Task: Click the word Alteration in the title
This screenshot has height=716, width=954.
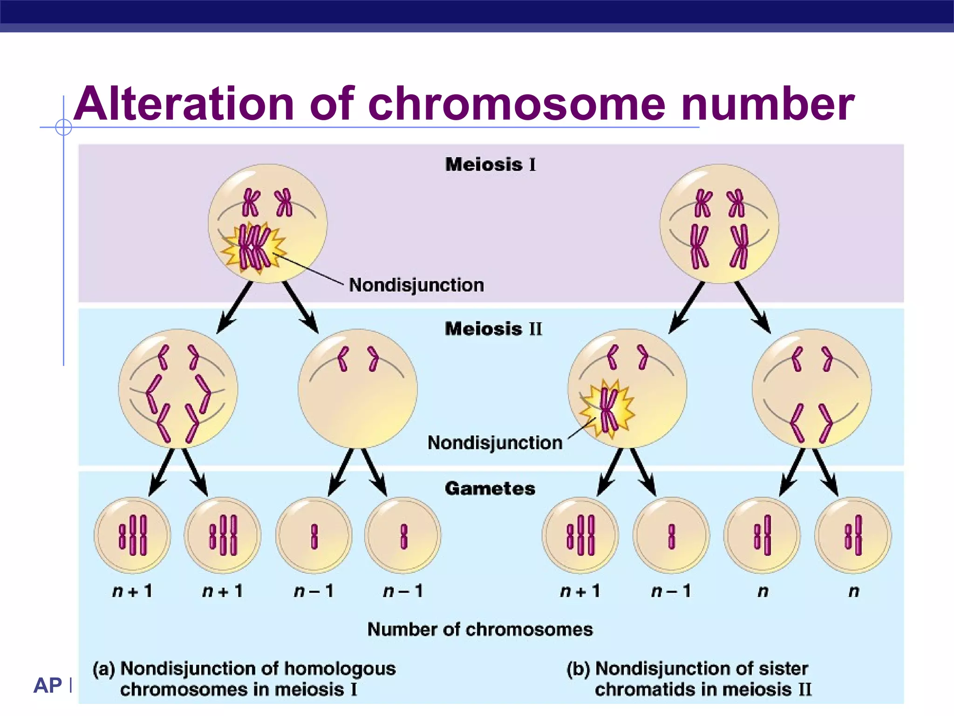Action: coord(184,104)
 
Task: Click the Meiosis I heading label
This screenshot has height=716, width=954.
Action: coord(491,165)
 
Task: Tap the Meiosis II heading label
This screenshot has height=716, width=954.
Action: coord(493,329)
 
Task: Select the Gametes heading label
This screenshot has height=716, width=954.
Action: coord(490,489)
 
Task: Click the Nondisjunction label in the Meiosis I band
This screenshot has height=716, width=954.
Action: coord(416,285)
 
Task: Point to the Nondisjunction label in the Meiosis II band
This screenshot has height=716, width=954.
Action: coord(495,442)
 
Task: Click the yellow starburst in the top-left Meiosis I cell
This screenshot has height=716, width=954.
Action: coord(253,248)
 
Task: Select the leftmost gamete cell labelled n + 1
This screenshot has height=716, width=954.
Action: coord(132,535)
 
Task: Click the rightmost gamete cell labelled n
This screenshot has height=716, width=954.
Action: coord(852,535)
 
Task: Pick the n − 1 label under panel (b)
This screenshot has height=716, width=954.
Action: coord(671,591)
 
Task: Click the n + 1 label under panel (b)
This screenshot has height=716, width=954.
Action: coord(580,591)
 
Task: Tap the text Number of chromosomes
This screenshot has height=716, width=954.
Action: coord(480,629)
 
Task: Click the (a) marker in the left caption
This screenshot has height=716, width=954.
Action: coord(103,668)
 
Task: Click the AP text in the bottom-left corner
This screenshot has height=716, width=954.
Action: coord(48,685)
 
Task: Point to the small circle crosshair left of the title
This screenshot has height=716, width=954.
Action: coord(63,127)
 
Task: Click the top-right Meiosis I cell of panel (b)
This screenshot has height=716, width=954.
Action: coord(719,224)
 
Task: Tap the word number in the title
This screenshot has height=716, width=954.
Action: coord(767,104)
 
